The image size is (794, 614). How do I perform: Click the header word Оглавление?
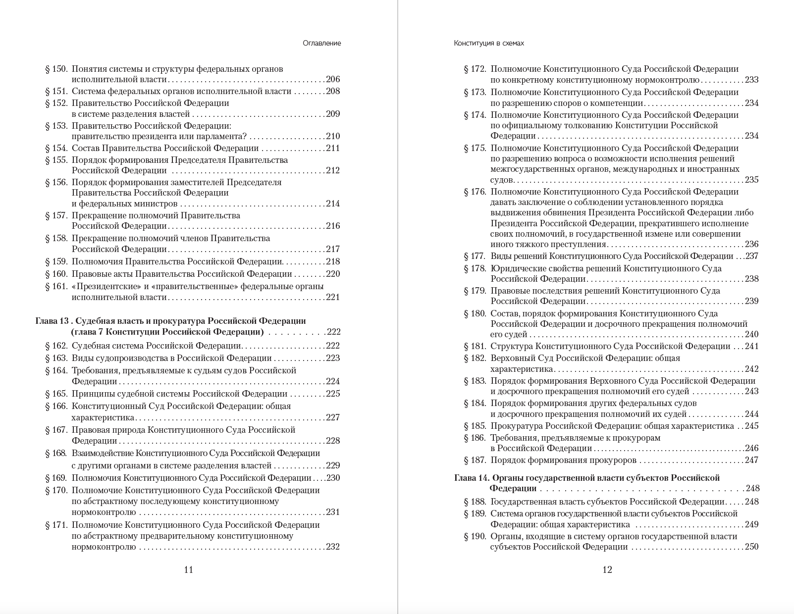pyautogui.click(x=322, y=43)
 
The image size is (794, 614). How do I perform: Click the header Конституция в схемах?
pyautogui.click(x=489, y=43)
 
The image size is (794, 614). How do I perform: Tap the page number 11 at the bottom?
pyautogui.click(x=188, y=569)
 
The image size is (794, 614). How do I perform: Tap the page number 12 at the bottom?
pyautogui.click(x=607, y=569)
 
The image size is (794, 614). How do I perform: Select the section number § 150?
pyautogui.click(x=56, y=69)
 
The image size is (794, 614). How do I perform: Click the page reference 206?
pyautogui.click(x=333, y=79)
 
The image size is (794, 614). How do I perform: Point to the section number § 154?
pyautogui.click(x=56, y=148)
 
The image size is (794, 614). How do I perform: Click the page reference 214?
pyautogui.click(x=333, y=204)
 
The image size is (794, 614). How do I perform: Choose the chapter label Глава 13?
pyautogui.click(x=52, y=321)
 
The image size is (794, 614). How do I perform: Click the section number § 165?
pyautogui.click(x=56, y=394)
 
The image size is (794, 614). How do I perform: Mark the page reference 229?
pyautogui.click(x=333, y=465)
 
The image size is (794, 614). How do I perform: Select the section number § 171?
pyautogui.click(x=56, y=525)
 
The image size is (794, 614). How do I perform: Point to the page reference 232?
pyautogui.click(x=333, y=547)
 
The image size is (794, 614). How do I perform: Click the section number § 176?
pyautogui.click(x=475, y=192)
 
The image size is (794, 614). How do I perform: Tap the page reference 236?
pyautogui.click(x=751, y=244)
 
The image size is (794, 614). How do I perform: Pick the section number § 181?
pyautogui.click(x=475, y=346)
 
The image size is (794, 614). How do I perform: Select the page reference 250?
pyautogui.click(x=751, y=547)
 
